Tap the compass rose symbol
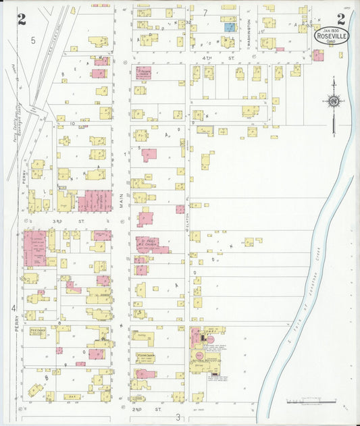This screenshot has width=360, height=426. point(334,102)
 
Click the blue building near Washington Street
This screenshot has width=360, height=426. point(230,27)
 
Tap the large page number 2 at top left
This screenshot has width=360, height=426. point(22,20)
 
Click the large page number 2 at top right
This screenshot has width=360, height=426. point(340,20)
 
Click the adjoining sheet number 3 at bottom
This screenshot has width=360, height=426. point(178,417)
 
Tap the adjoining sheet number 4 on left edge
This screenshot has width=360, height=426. point(14,309)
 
